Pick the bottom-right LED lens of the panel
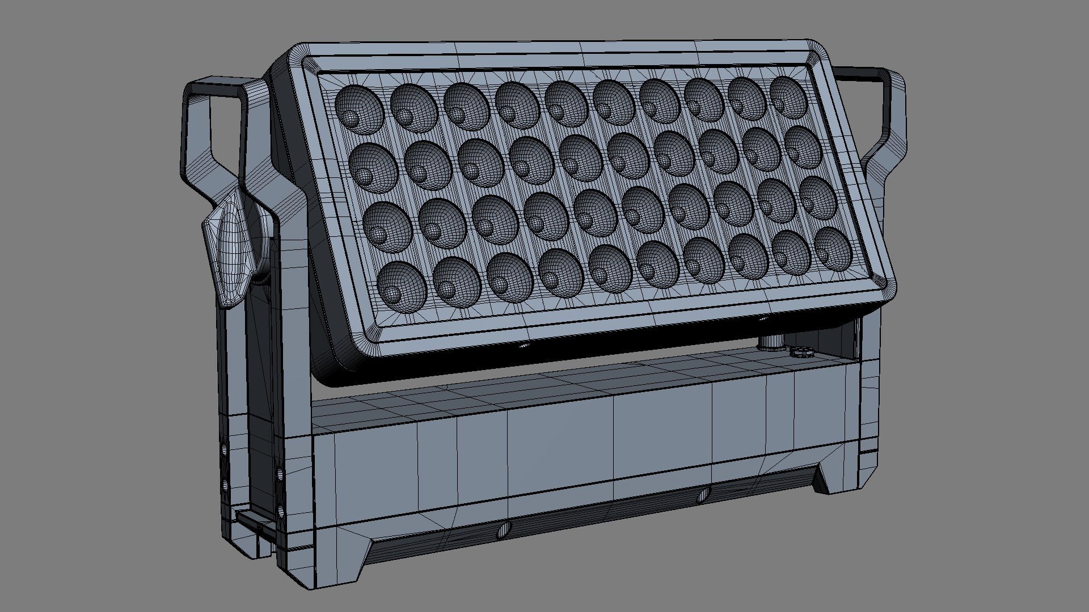[834, 249]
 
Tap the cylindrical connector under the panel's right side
[771, 342]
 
